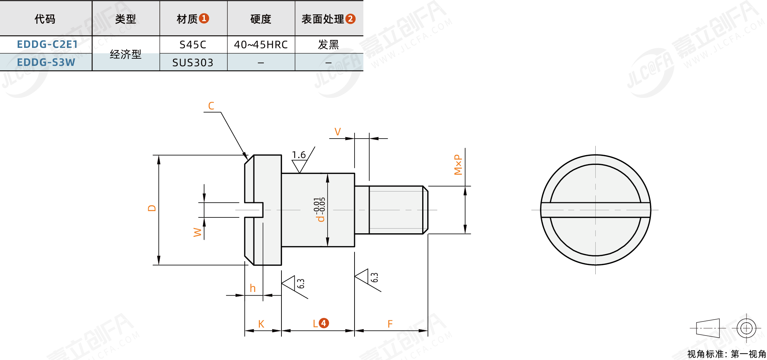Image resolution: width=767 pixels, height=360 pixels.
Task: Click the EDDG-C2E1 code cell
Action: [47, 44]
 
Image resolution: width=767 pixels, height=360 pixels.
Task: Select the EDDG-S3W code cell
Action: [46, 62]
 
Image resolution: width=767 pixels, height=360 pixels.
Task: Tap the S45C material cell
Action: [193, 45]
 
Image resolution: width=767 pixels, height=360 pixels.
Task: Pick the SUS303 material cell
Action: [193, 63]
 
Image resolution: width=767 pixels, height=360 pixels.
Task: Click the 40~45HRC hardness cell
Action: [261, 45]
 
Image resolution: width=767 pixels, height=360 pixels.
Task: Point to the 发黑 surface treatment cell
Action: [328, 45]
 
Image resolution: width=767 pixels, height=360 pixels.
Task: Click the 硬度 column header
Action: [261, 19]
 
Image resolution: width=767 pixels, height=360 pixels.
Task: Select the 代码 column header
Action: [45, 19]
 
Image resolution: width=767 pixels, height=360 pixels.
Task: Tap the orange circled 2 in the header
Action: [350, 19]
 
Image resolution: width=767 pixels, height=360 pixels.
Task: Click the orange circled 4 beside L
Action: [324, 323]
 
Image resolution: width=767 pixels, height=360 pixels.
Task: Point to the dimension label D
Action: [152, 208]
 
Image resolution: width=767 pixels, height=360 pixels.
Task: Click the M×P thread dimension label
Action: [458, 165]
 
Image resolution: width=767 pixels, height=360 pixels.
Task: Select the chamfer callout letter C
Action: [211, 106]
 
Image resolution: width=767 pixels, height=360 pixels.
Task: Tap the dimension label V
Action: [338, 132]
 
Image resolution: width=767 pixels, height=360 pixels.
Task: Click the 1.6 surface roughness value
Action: [299, 155]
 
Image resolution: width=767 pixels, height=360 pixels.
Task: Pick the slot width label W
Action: [197, 232]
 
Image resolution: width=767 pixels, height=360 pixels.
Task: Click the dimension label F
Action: [390, 324]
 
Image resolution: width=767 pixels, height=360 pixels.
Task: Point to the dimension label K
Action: [261, 324]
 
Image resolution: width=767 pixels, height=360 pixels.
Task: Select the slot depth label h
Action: [253, 288]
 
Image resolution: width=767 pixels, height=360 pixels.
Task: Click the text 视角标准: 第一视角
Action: [726, 354]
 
